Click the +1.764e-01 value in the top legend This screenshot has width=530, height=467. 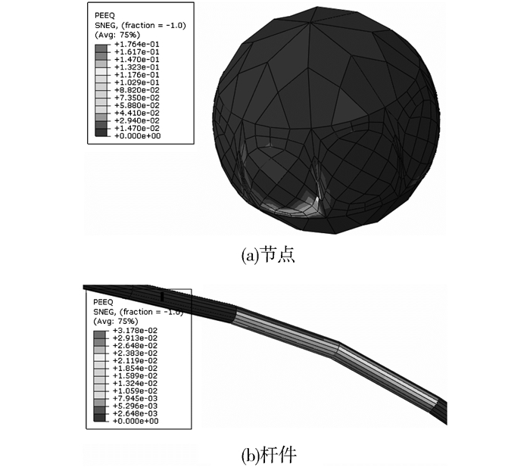point(136,44)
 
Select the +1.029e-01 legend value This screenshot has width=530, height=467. point(136,83)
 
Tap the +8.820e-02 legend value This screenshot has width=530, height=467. point(136,90)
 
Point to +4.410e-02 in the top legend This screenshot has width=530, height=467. point(136,114)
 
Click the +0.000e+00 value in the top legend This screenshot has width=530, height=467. point(137,135)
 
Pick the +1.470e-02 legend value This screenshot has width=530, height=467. point(136,129)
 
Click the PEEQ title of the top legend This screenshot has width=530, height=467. point(104,16)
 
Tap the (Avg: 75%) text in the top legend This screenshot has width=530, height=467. point(117,35)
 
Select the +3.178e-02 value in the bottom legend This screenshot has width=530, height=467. point(135,331)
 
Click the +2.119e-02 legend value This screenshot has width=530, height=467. point(135,360)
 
